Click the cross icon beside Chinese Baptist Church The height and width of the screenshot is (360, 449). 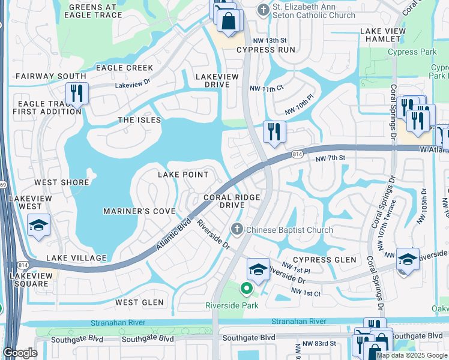(x=237, y=229)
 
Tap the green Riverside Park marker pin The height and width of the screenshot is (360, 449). (x=246, y=289)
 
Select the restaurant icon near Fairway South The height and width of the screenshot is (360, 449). (x=77, y=93)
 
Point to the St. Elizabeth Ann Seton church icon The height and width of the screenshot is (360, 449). (x=262, y=10)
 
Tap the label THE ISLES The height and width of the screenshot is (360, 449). (x=139, y=120)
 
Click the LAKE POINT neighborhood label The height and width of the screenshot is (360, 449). (x=182, y=175)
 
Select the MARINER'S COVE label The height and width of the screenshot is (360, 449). (x=139, y=211)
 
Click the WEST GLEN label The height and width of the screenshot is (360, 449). (x=139, y=302)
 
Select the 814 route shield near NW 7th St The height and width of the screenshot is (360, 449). (x=297, y=154)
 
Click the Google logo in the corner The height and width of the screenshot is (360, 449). (x=20, y=353)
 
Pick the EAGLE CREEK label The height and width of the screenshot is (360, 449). (x=124, y=68)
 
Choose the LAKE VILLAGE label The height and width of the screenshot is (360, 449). (x=76, y=258)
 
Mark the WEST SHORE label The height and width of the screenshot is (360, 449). (x=61, y=182)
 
